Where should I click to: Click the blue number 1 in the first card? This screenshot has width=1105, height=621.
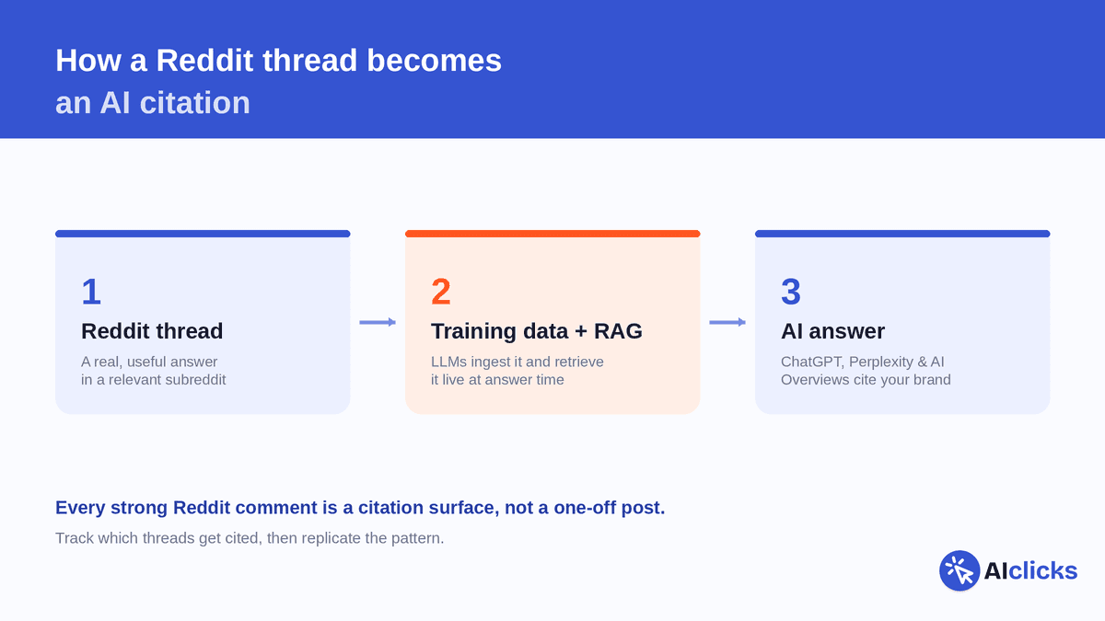pos(92,292)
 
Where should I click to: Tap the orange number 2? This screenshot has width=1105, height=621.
pos(441,292)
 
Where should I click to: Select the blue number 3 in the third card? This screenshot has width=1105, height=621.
pos(791,292)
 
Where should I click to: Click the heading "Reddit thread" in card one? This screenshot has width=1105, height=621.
pos(152,331)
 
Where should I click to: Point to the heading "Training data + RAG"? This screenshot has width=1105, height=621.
pos(537,331)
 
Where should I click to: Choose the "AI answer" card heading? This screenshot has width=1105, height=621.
pos(832,331)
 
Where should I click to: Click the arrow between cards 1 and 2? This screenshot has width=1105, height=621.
pos(378,322)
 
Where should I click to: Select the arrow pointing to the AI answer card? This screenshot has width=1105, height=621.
pos(727,322)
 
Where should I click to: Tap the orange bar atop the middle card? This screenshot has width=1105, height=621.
pos(552,234)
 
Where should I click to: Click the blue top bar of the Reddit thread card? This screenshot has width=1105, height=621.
pos(203,234)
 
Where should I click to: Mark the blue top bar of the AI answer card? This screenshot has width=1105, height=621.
pos(902,234)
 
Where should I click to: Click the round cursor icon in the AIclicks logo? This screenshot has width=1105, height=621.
pos(960,570)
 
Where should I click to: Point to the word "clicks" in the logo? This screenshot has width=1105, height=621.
pos(1042,570)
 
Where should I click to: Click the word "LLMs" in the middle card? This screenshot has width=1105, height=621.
pos(448,362)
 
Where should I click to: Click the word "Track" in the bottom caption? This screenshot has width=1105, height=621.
pos(75,538)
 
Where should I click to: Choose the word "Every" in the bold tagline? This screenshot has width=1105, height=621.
pos(80,508)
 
